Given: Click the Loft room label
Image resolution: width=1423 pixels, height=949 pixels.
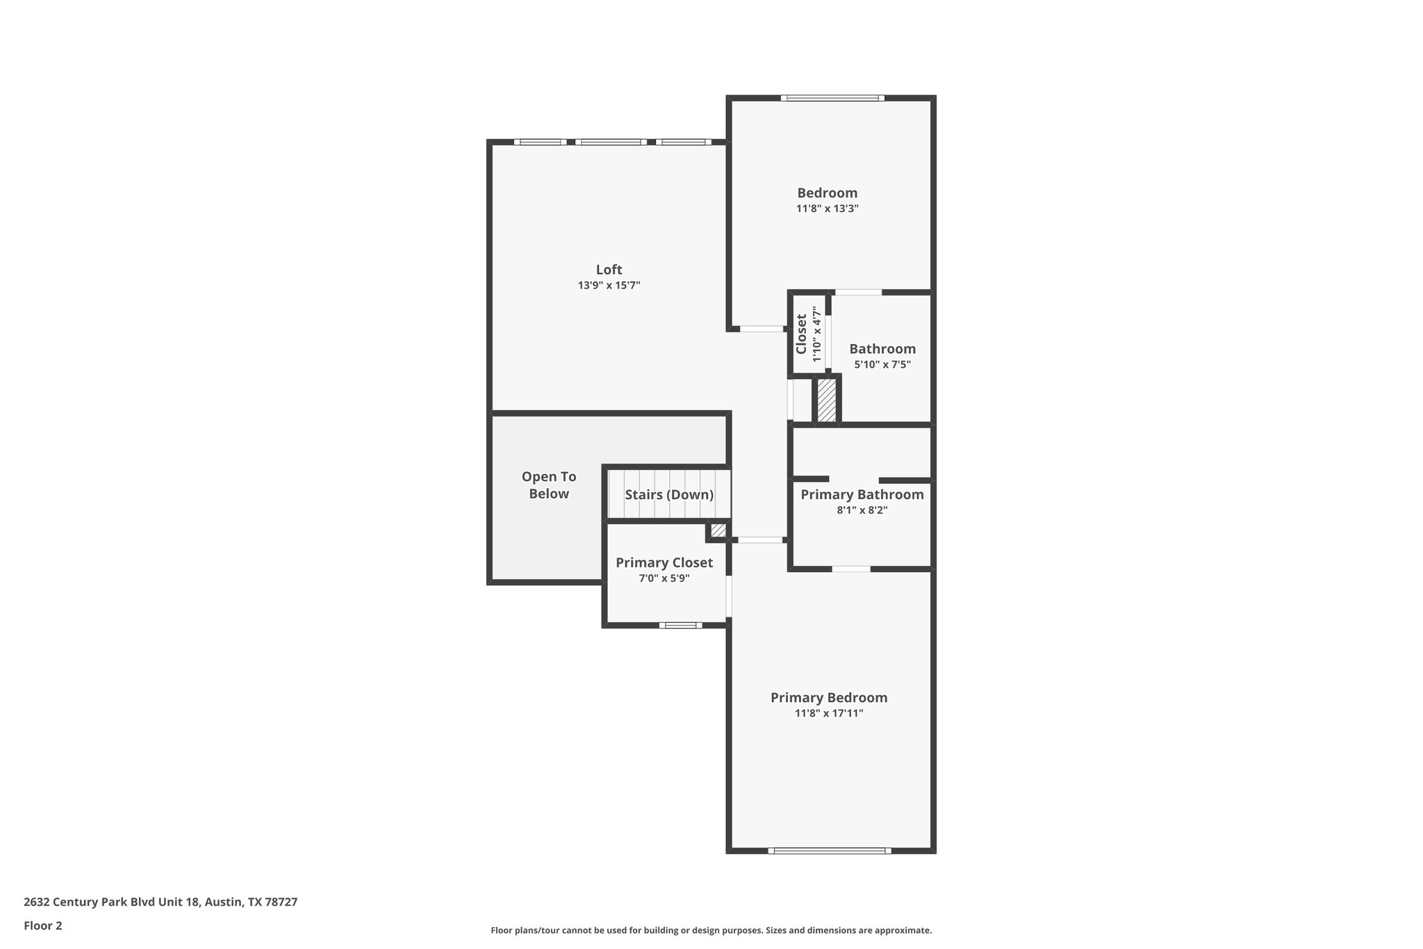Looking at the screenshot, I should tap(609, 270).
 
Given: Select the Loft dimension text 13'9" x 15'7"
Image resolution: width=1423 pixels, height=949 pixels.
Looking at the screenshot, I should tap(609, 286).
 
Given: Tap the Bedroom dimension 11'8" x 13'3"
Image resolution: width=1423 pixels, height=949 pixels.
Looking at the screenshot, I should tap(827, 209).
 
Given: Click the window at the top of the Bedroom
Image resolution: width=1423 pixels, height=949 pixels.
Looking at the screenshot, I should tap(832, 98).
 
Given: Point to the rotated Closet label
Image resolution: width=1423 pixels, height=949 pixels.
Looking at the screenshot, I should tap(801, 334).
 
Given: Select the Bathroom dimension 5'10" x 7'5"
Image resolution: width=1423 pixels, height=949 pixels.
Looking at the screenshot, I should tap(882, 364).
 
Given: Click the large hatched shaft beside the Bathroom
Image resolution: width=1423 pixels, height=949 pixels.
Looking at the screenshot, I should tap(826, 400).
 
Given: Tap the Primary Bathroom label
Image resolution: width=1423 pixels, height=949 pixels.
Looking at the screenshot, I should tap(862, 494).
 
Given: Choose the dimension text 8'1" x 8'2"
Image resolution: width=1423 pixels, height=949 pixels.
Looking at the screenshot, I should tap(862, 510).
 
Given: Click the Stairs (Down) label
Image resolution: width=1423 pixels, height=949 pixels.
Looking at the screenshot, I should tap(668, 495).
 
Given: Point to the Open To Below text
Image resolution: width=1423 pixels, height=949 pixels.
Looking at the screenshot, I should tap(549, 485).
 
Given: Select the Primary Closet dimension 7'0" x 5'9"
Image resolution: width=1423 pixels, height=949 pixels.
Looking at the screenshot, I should tap(664, 578).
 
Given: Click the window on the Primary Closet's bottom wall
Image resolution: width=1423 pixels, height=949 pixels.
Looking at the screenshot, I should tap(680, 625).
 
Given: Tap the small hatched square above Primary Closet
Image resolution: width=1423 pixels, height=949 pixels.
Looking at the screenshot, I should tap(718, 530).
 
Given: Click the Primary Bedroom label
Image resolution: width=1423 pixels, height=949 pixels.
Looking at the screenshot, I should tap(828, 697).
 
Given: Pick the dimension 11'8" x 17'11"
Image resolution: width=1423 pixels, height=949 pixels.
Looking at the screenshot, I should tap(828, 713).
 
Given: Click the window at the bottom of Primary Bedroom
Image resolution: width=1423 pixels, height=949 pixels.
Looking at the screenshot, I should tap(830, 850).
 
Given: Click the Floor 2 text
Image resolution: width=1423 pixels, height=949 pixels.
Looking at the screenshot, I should tap(43, 925).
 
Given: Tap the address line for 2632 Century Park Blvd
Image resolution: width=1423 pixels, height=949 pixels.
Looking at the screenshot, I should tap(161, 902).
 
